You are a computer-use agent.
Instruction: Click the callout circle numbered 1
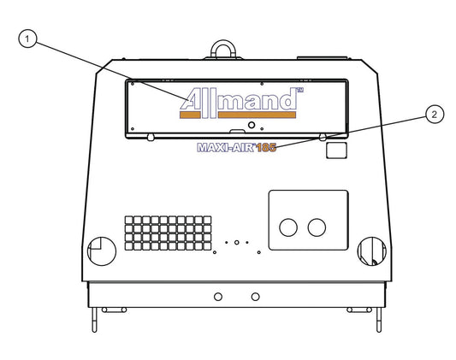point(27,38)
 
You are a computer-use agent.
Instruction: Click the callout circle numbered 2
point(435,115)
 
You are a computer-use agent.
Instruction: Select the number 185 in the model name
point(266,148)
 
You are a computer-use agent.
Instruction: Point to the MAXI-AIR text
point(226,148)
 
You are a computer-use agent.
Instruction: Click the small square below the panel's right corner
point(336,150)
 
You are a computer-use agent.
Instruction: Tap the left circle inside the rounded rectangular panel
point(288,227)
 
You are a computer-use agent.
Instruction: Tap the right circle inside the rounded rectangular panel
point(317,227)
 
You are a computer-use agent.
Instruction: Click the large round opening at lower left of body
point(102,251)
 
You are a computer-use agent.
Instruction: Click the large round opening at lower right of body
point(372,251)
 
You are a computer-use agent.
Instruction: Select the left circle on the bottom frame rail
point(218,297)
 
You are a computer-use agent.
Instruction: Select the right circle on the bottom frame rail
point(255,297)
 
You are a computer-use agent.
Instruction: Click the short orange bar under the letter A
point(190,115)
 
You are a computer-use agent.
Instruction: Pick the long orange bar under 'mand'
point(257,115)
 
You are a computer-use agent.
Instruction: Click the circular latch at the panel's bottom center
point(252,125)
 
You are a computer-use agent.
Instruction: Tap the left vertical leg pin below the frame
point(94,320)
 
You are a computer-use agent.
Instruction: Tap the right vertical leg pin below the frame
point(379,320)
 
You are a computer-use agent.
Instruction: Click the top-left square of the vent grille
point(129,220)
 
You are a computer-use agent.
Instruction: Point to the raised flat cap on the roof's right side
point(322,58)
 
